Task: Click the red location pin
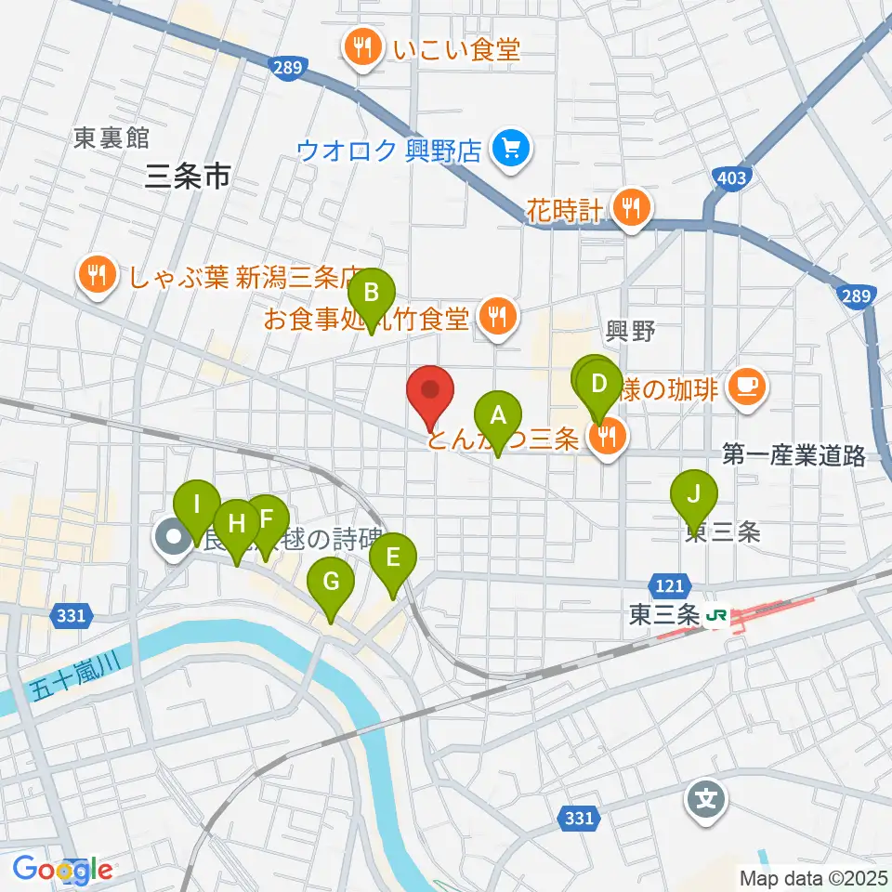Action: [430, 392]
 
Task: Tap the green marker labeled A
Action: [498, 415]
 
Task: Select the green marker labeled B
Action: [371, 294]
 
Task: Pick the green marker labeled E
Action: [392, 557]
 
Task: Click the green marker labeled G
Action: [332, 583]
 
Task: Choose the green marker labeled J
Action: [693, 494]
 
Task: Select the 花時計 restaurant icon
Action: [631, 209]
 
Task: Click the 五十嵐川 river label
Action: [69, 676]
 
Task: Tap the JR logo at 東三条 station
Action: [716, 615]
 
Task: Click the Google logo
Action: [63, 870]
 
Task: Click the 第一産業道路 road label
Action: [794, 455]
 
